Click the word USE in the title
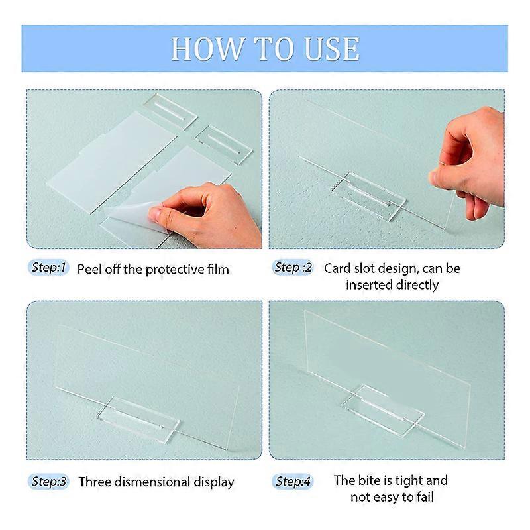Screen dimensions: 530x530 [332, 49]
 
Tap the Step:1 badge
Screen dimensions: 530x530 [48, 268]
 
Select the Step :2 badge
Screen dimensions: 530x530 [293, 268]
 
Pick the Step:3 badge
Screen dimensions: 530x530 [48, 482]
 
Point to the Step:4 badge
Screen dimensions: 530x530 [293, 482]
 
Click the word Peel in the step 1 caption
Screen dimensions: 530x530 [89, 270]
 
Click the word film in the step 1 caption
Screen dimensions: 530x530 [219, 270]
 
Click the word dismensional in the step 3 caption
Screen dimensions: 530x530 [152, 482]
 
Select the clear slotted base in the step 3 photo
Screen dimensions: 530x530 [138, 419]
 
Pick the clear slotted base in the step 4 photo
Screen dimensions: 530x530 [383, 409]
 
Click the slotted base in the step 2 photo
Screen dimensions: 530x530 [369, 195]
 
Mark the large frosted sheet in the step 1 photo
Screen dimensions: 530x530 [112, 162]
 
